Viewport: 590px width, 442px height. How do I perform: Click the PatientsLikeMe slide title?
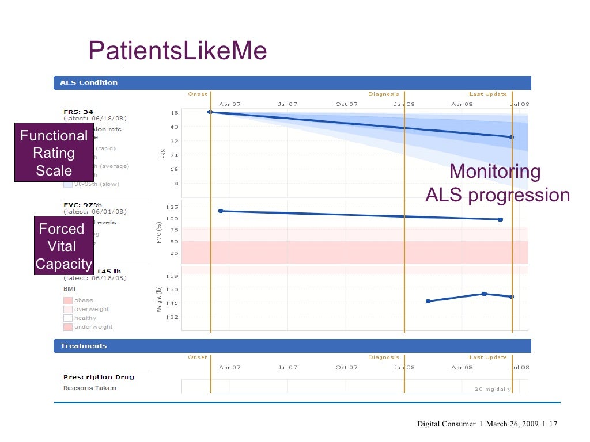pos(177,52)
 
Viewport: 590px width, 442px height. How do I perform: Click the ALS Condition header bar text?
pos(89,82)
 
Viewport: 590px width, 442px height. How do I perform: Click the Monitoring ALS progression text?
pos(497,184)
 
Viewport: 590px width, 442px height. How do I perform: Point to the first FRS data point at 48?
pos(210,112)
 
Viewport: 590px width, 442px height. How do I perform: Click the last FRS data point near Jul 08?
pos(511,137)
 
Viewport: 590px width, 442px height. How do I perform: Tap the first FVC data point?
pos(221,211)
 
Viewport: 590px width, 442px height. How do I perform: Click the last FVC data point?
pos(500,219)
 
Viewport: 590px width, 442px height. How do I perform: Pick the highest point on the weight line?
pos(484,294)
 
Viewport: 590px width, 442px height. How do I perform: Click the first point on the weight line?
pos(428,301)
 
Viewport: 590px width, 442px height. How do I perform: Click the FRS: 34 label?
pos(78,111)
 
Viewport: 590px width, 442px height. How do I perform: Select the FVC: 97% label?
pos(82,204)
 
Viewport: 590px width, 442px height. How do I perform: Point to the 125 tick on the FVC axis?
pos(172,207)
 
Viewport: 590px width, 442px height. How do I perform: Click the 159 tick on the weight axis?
pos(172,276)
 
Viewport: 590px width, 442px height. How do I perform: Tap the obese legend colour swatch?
pos(67,300)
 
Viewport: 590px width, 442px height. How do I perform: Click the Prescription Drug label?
pos(99,377)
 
